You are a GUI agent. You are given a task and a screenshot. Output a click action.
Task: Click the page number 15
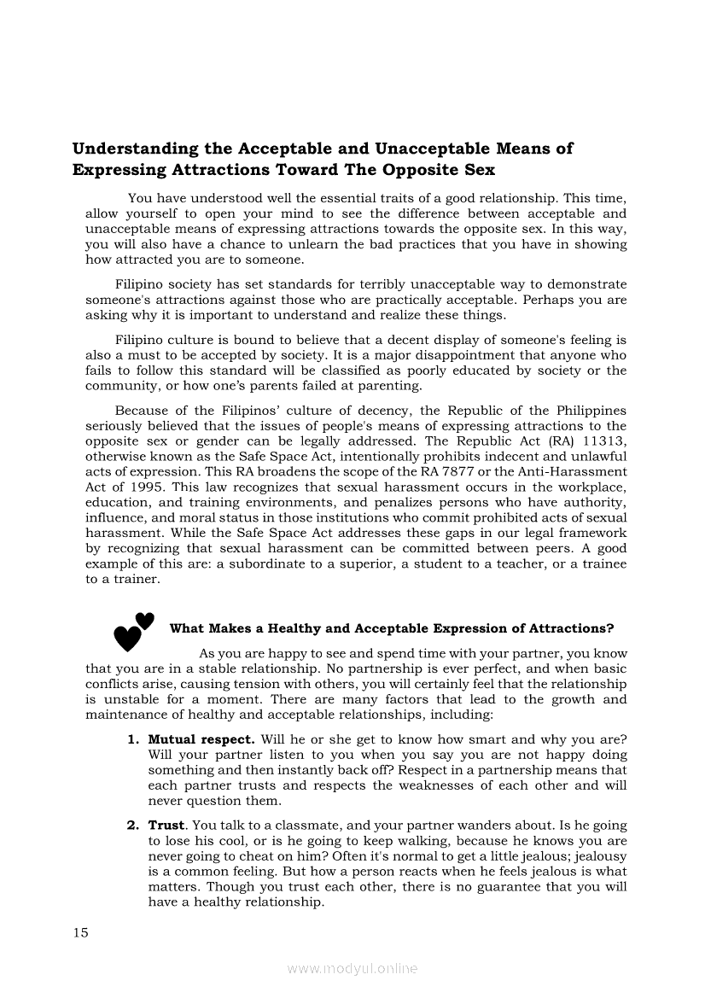(x=81, y=932)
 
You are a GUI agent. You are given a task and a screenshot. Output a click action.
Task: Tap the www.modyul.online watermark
(x=352, y=968)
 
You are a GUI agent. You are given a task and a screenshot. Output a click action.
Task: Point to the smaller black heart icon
(x=145, y=621)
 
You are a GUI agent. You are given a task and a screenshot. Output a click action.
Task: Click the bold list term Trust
(x=166, y=826)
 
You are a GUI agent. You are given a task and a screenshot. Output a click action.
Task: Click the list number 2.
(x=132, y=826)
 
